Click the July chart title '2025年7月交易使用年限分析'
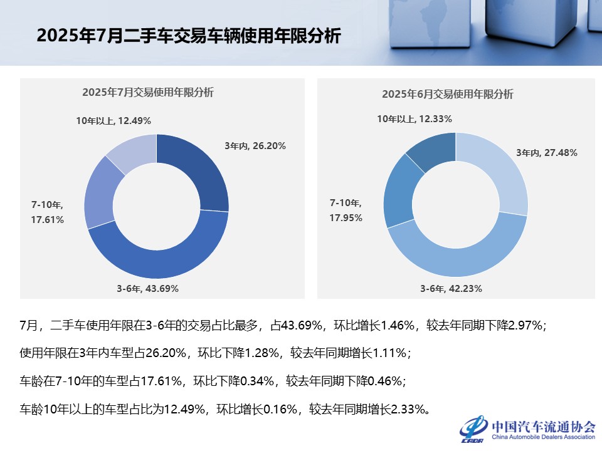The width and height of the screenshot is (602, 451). tap(147, 93)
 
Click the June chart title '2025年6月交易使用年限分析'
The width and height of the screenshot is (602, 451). tap(447, 95)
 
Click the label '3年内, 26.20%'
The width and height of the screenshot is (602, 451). tap(255, 146)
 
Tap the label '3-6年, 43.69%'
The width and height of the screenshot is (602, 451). tap(147, 289)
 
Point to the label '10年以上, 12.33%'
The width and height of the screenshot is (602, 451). tap(415, 118)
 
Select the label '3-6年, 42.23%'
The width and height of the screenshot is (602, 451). tap(451, 289)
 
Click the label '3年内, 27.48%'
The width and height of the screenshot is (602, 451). tap(546, 152)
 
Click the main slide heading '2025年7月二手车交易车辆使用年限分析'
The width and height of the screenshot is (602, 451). tap(189, 36)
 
